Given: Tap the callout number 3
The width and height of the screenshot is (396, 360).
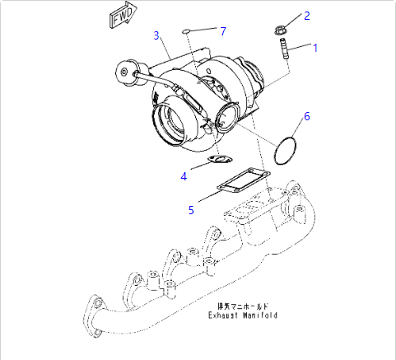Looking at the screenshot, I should tap(156, 35).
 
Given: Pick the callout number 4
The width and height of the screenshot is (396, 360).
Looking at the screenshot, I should tap(184, 175).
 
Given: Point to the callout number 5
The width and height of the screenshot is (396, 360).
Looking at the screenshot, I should tap(191, 210).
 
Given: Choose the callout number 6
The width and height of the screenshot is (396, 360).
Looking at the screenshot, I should tap(306, 116).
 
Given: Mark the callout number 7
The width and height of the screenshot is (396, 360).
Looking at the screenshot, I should tap(221, 30).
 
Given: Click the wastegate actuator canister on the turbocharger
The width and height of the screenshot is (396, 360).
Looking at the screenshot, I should tap(128, 69).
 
